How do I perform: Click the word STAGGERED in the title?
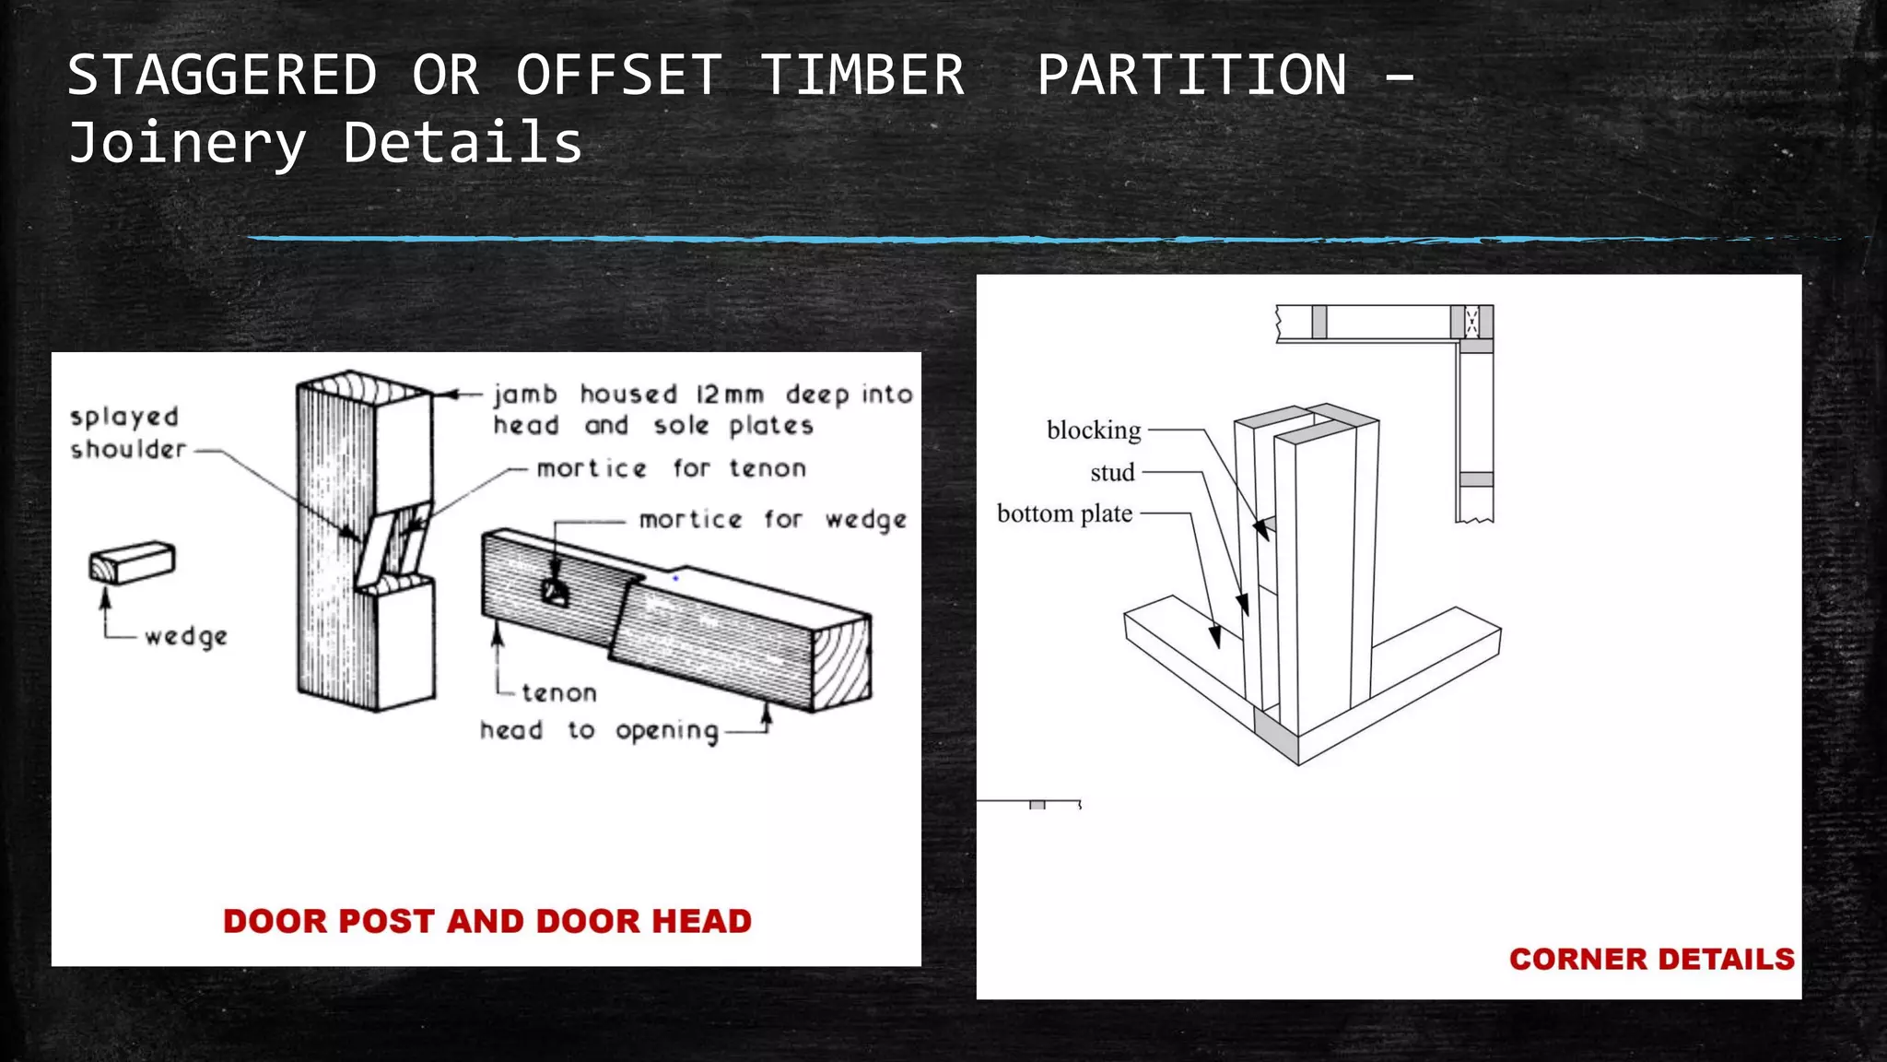(x=222, y=76)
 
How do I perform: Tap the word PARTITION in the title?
(x=1191, y=76)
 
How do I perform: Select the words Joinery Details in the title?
(x=325, y=144)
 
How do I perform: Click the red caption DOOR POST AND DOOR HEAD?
(x=487, y=921)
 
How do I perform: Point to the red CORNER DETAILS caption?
(x=1651, y=959)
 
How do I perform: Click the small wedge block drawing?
(x=132, y=562)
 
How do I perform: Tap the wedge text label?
(x=186, y=636)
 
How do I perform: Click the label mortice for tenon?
(x=671, y=468)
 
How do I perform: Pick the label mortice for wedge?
(x=772, y=520)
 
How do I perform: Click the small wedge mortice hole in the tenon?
(x=555, y=593)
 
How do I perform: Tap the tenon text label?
(x=558, y=692)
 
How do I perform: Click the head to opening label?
(x=598, y=731)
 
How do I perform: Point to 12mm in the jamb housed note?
(x=729, y=395)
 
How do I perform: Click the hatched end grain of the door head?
(x=842, y=664)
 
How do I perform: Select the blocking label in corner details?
(x=1093, y=431)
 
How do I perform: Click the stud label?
(x=1111, y=473)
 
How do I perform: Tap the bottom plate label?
(x=1064, y=513)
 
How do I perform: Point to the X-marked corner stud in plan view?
(x=1472, y=322)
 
